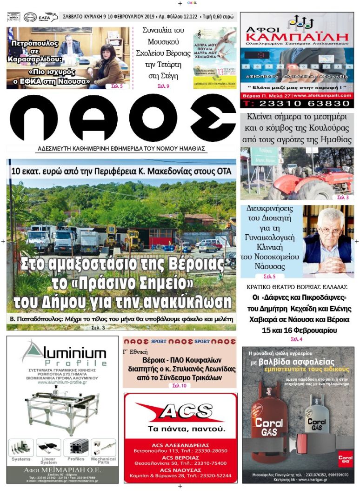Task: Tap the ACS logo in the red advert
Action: (180, 412)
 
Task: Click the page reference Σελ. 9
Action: (163, 86)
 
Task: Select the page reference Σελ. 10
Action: (179, 386)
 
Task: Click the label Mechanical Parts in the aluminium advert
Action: (103, 461)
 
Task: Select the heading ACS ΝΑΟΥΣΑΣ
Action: (180, 470)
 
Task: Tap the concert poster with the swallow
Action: (214, 58)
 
